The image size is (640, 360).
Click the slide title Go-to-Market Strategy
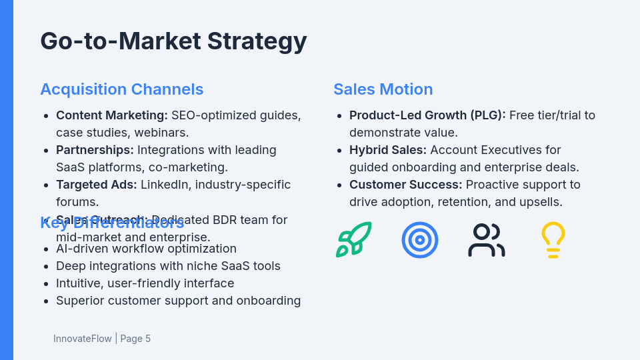pos(173,41)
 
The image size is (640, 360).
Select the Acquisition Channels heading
pos(121,89)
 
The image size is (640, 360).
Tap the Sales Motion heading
pos(383,89)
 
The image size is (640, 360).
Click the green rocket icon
pos(353,240)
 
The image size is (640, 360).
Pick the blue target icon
pos(420,240)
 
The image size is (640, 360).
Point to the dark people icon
pos(487,240)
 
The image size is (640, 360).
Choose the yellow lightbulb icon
pos(553,240)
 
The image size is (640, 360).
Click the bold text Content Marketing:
pos(112,115)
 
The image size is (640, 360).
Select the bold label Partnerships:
pos(95,150)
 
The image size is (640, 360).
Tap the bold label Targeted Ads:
pos(97,185)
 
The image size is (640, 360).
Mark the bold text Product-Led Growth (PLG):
pos(427,115)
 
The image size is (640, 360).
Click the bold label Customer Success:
pos(405,185)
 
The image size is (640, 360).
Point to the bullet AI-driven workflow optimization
pos(146,249)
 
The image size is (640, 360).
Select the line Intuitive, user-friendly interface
pos(145,283)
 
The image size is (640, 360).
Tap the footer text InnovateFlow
pos(83,339)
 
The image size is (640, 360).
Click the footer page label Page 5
pos(135,339)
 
